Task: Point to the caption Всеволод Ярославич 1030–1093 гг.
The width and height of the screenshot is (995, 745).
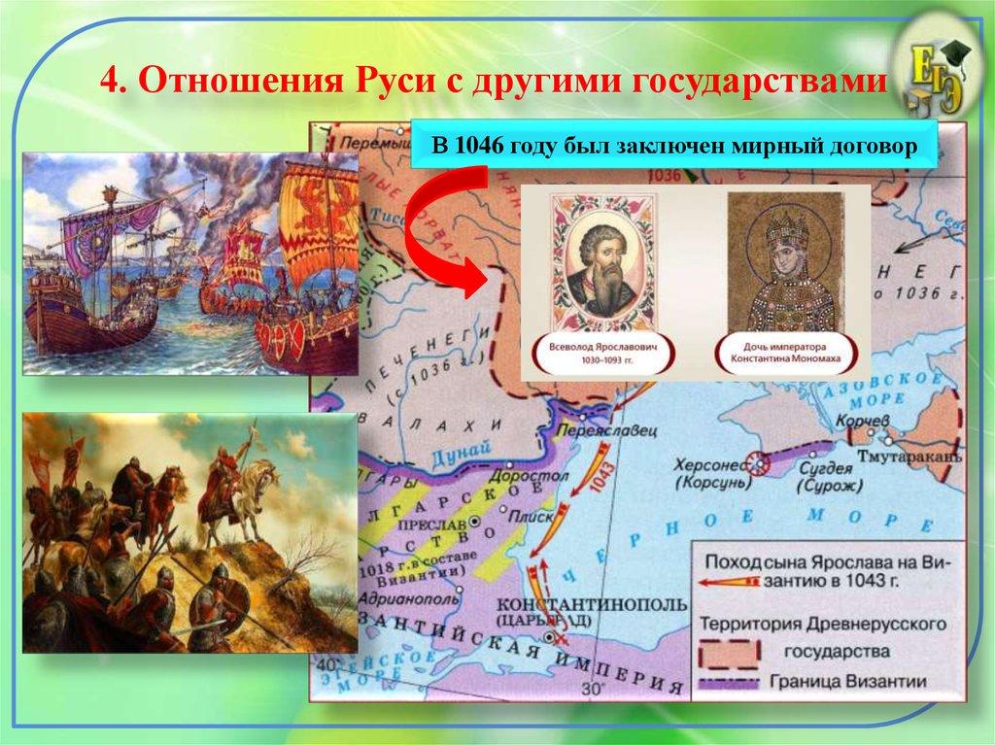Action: point(599,351)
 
